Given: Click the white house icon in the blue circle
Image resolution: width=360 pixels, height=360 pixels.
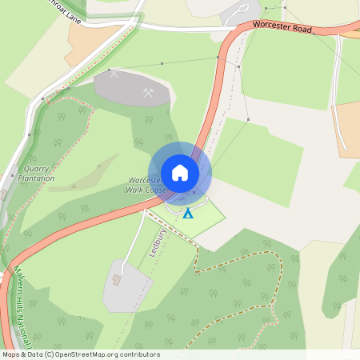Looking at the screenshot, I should pyautogui.click(x=180, y=173).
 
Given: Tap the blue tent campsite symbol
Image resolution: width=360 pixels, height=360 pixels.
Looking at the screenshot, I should pyautogui.click(x=187, y=214).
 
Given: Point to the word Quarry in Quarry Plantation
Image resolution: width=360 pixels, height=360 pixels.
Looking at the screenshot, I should pyautogui.click(x=37, y=169).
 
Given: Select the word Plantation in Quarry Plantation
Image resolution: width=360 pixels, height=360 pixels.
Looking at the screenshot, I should pyautogui.click(x=37, y=178).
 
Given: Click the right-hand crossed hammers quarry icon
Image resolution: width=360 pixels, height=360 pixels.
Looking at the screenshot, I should pyautogui.click(x=148, y=93).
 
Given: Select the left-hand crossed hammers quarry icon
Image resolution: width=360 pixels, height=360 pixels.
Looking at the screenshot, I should pyautogui.click(x=113, y=74).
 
